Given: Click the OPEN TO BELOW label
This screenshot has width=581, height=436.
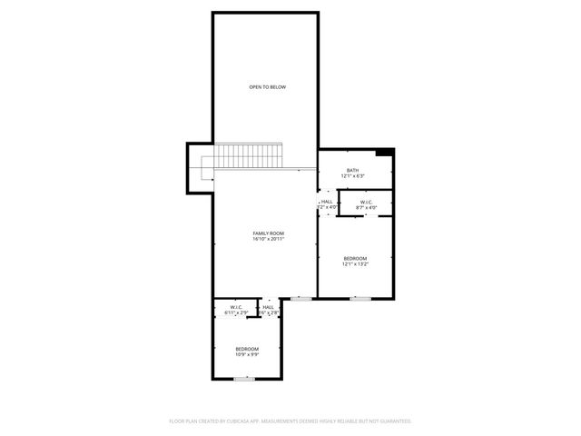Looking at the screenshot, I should click(268, 87).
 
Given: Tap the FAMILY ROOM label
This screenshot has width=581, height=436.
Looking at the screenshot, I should click(268, 233).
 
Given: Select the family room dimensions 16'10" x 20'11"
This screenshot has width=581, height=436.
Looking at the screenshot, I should click(268, 239).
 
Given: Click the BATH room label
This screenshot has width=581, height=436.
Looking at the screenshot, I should click(351, 171).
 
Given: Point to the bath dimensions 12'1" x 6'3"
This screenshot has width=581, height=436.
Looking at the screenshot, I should click(351, 176).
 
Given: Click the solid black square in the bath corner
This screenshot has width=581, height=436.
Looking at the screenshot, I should click(385, 154).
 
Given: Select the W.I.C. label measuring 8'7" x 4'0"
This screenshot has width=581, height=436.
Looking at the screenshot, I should click(367, 202).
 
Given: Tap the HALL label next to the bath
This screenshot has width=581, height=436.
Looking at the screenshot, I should click(327, 202).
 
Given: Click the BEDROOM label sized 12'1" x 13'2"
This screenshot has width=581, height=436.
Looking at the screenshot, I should click(355, 259).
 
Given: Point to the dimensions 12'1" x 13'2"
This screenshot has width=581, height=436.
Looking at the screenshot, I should click(355, 264).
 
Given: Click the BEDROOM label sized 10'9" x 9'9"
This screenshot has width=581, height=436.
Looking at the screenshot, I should click(247, 349).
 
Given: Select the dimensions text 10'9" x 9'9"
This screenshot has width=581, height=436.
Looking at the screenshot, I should click(247, 354).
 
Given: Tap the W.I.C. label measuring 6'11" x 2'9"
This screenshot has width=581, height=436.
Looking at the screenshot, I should click(235, 307).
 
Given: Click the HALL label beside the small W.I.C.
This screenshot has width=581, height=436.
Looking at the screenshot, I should click(269, 307).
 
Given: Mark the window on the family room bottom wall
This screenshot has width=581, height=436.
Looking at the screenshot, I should click(300, 298).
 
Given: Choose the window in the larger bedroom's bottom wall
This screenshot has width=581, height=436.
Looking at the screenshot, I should click(360, 298).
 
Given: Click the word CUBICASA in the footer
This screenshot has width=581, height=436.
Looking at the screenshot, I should click(239, 421).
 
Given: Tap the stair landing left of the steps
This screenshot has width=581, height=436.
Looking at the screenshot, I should click(201, 169).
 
